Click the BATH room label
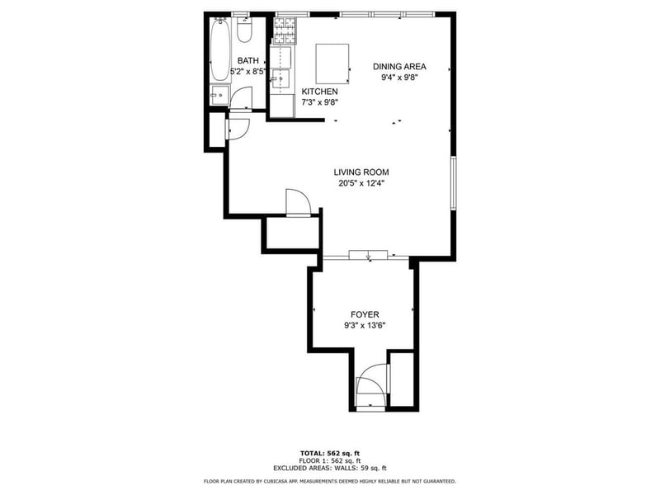click(x=248, y=60)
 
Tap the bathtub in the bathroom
click(x=220, y=50)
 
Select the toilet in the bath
click(x=243, y=30)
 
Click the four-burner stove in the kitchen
click(x=285, y=31)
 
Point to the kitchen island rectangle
click(x=332, y=64)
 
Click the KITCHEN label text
click(x=319, y=92)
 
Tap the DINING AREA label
click(x=399, y=67)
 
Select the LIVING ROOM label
click(x=361, y=172)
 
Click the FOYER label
click(x=365, y=314)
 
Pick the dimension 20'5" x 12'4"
click(x=361, y=183)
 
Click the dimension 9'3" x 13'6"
click(x=365, y=325)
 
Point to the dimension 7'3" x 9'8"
click(x=320, y=102)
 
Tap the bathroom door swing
click(x=241, y=98)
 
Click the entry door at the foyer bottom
click(x=370, y=387)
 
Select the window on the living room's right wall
click(x=453, y=182)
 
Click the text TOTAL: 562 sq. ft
click(x=330, y=453)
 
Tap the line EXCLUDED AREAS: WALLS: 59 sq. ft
click(x=330, y=468)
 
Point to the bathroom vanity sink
click(x=220, y=96)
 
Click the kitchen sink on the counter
click(x=280, y=78)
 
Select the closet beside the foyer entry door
click(x=402, y=379)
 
